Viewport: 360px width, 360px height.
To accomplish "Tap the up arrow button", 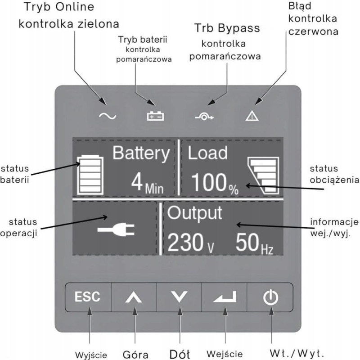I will (134, 297).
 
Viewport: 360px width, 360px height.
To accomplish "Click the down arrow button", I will (180, 297).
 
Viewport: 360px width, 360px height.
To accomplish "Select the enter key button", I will (225, 297).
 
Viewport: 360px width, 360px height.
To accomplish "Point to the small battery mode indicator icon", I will (156, 116).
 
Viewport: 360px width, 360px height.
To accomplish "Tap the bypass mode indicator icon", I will (203, 116).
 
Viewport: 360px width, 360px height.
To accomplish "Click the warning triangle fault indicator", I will (250, 116).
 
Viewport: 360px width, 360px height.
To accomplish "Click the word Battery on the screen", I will (141, 153).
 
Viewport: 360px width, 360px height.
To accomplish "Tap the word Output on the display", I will (195, 213).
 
